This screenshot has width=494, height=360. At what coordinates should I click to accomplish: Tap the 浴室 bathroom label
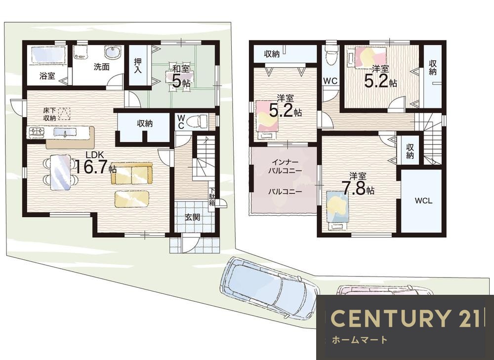[47, 76]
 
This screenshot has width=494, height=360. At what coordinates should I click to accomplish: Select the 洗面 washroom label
[101, 67]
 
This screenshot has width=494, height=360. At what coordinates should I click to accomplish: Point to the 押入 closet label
[138, 66]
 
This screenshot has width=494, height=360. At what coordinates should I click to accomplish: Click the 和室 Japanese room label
[181, 68]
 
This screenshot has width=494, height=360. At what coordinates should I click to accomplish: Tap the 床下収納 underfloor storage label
[50, 115]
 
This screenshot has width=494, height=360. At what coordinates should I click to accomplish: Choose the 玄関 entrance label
[192, 217]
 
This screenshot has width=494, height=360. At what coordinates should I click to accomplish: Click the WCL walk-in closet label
[423, 201]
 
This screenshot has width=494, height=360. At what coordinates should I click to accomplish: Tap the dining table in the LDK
[61, 172]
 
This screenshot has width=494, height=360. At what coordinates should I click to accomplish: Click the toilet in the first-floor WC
[197, 121]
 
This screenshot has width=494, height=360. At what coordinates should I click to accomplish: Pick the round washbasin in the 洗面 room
[112, 53]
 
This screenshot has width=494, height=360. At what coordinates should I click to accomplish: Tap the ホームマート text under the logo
[359, 340]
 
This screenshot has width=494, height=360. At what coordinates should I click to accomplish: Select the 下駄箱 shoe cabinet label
[212, 197]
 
